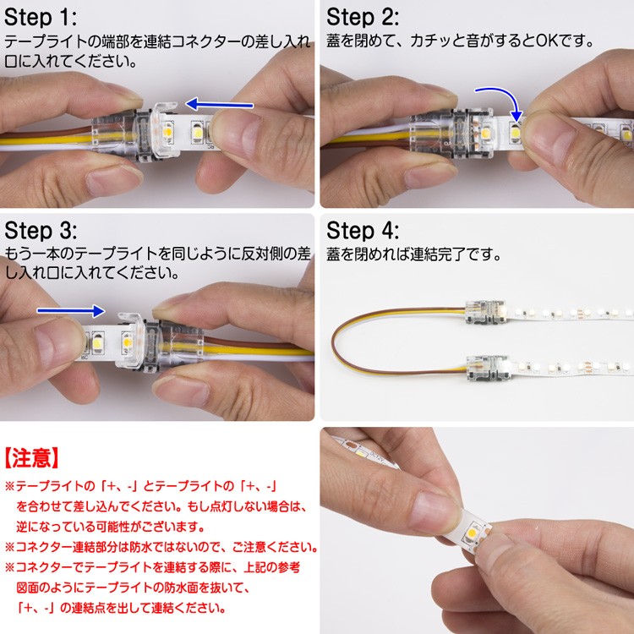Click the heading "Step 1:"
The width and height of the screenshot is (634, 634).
point(41,18)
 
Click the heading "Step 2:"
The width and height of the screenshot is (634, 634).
point(363,18)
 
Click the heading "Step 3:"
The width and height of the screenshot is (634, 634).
point(41,231)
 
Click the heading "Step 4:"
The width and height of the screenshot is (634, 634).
point(363,231)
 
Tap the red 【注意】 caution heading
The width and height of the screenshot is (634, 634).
point(32,457)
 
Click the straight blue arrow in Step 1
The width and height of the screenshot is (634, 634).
point(219,104)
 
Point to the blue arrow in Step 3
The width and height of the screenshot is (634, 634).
point(71,310)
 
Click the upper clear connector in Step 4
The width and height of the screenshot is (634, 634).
point(485,312)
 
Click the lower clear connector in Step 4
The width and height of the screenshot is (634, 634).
point(488,368)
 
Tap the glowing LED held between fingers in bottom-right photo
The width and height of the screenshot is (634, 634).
point(473,535)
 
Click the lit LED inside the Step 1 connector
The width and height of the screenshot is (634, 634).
point(167,131)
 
